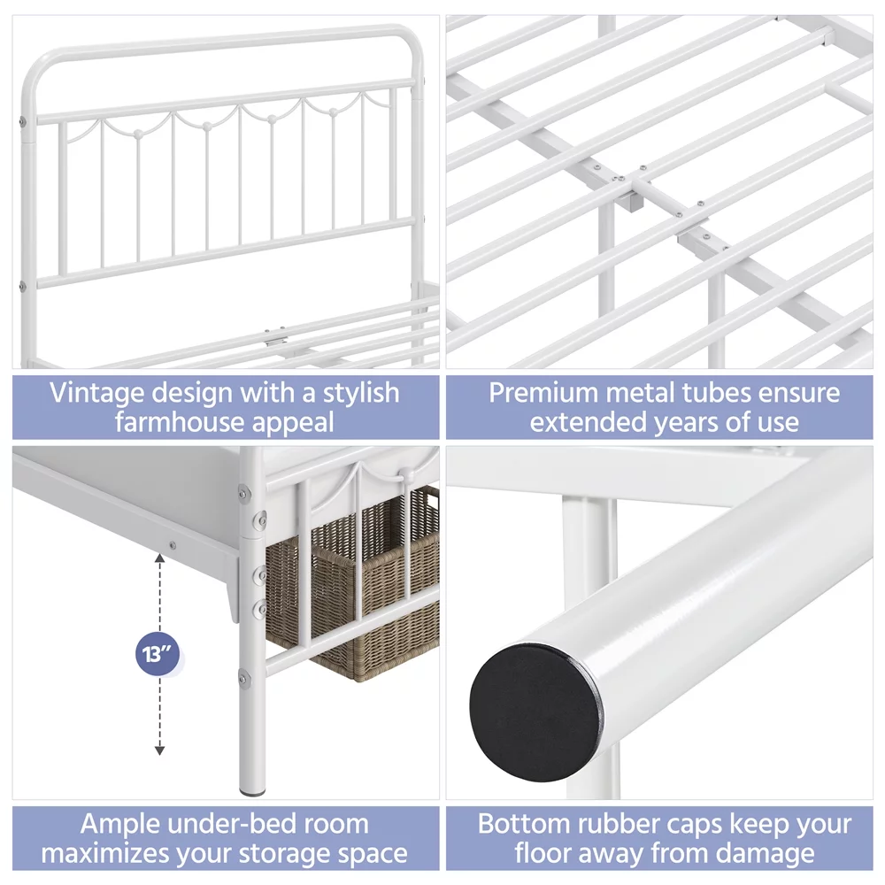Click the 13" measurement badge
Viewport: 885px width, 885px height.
point(158,655)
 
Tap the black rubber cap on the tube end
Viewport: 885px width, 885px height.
point(535,712)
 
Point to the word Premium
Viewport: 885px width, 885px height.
point(543,393)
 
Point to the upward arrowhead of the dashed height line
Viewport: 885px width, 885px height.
point(159,558)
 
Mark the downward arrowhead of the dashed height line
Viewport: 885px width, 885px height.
point(159,750)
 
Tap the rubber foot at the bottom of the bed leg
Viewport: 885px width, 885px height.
point(252,791)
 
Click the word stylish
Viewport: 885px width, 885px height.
point(361,394)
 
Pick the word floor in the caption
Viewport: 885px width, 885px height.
point(543,854)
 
